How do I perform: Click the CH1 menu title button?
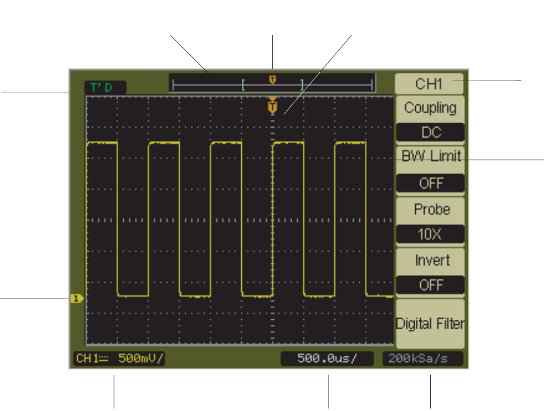[429, 84]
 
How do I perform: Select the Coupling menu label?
[430, 107]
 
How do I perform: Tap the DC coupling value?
[430, 133]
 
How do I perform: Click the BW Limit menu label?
[430, 156]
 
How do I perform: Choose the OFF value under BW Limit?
[430, 183]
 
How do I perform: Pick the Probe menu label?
[430, 209]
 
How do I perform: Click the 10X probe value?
[430, 234]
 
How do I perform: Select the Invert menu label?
[430, 260]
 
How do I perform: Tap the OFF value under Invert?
[430, 285]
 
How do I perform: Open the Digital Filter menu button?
[430, 324]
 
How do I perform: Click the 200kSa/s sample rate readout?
[422, 359]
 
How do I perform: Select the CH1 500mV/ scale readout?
[119, 359]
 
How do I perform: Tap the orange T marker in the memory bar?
[273, 79]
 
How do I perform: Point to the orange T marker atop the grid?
[273, 107]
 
